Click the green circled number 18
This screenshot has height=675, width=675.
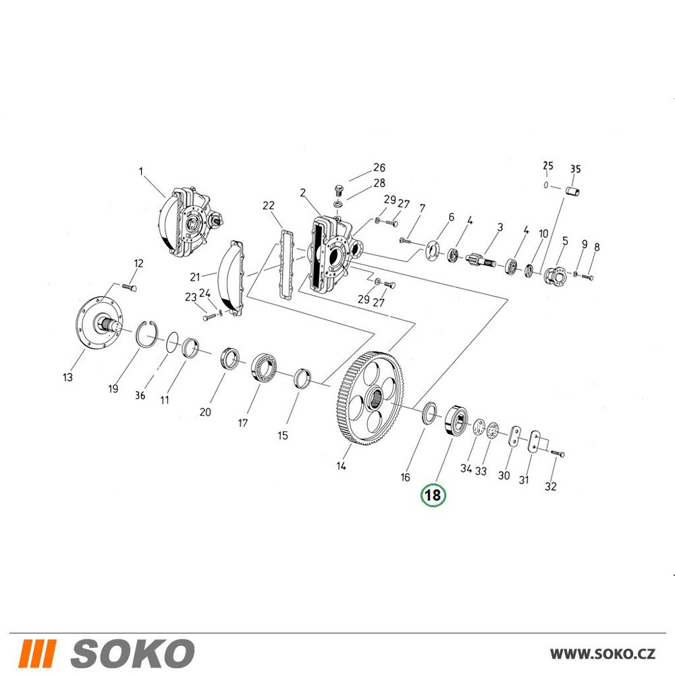tap(433, 495)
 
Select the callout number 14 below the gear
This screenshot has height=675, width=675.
tap(341, 466)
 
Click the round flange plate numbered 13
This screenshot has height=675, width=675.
tap(99, 323)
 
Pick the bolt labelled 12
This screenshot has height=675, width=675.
tap(130, 287)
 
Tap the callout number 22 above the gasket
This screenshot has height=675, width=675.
tap(268, 206)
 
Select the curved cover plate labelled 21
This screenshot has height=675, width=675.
tap(231, 278)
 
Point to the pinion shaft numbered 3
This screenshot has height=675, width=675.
tap(481, 261)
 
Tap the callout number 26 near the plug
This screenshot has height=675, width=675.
tap(379, 167)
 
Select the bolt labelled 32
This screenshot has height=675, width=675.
tap(557, 454)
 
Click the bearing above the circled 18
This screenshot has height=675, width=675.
tap(456, 420)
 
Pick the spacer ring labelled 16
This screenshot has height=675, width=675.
tap(429, 413)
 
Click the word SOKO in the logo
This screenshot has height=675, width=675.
tap(132, 653)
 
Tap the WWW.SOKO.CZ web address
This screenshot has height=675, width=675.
tap(602, 654)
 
